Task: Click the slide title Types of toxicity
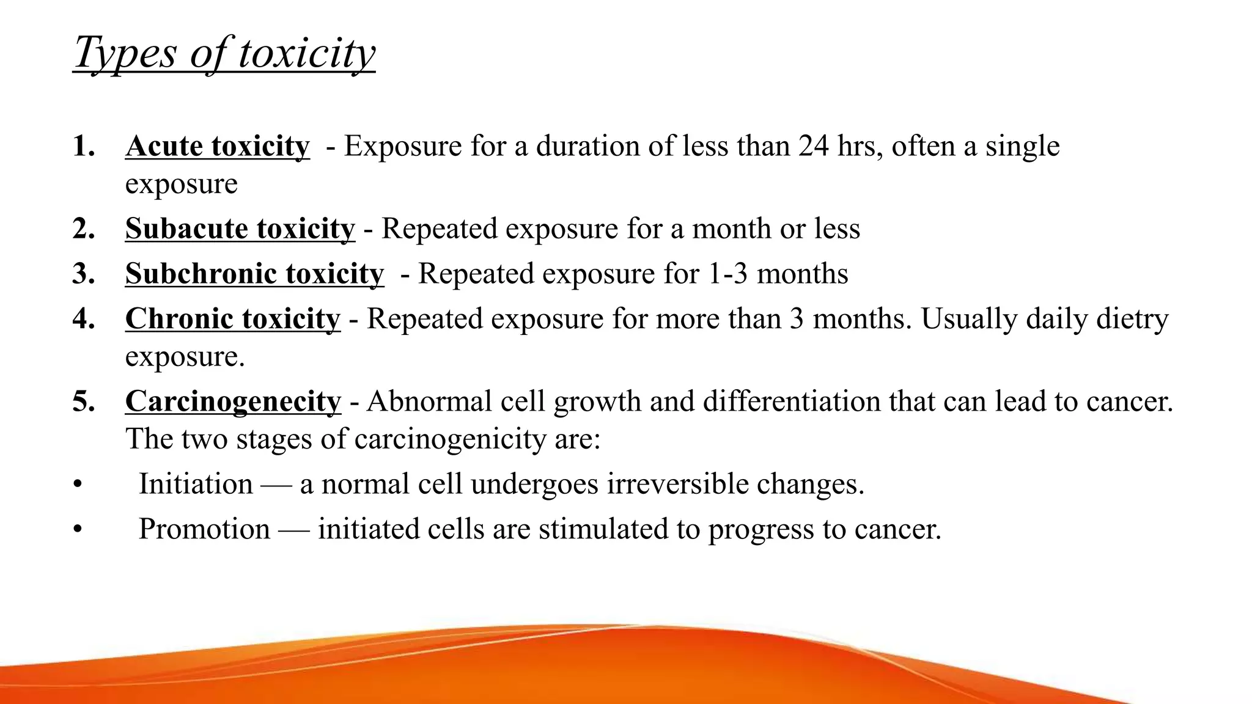[224, 53]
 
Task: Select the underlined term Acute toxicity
[217, 147]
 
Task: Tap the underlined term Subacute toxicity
[240, 229]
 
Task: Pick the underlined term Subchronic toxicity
[254, 274]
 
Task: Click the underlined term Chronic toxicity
[232, 319]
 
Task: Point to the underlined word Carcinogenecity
[233, 402]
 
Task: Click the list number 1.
[83, 147]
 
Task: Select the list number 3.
[83, 274]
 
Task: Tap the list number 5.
[83, 402]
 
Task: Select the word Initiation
[196, 484]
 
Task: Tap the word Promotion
[204, 529]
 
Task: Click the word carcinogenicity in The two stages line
[449, 439]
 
